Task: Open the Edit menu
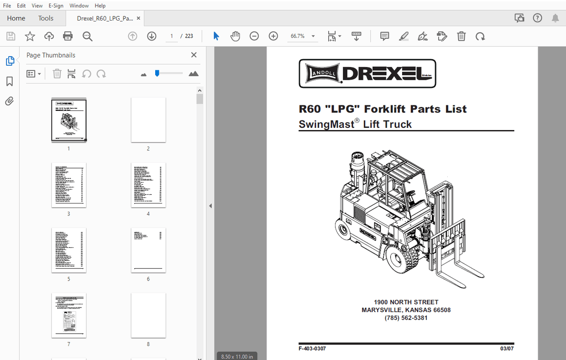click(21, 5)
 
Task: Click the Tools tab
click(46, 18)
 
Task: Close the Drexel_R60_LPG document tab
click(139, 18)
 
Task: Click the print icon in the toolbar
click(68, 37)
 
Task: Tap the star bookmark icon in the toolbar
click(30, 37)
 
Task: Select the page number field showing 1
click(172, 37)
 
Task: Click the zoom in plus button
click(273, 37)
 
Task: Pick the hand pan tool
click(235, 37)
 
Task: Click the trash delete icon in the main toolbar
click(461, 37)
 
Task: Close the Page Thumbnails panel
click(194, 55)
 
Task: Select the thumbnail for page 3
click(68, 185)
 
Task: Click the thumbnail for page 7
click(68, 315)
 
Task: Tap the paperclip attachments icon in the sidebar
click(10, 101)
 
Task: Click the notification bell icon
click(555, 18)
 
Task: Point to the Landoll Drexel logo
click(367, 73)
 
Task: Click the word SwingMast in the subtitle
click(326, 124)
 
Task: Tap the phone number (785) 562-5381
click(406, 318)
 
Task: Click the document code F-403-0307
click(312, 349)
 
